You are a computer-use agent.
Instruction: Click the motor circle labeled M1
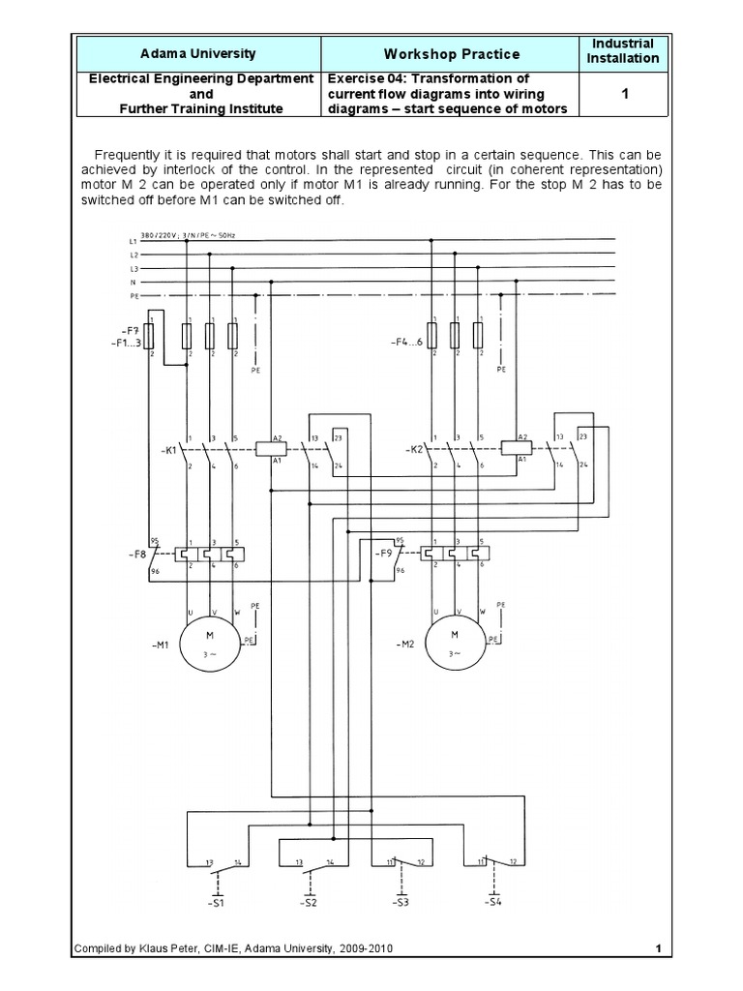pyautogui.click(x=209, y=640)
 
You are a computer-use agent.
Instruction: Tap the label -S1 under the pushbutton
pyautogui.click(x=216, y=903)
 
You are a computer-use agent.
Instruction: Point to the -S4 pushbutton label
pyautogui.click(x=493, y=903)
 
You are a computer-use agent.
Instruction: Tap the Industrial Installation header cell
pyautogui.click(x=623, y=51)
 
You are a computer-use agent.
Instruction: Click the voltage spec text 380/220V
pyautogui.click(x=160, y=234)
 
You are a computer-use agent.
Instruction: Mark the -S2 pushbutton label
pyautogui.click(x=309, y=903)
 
